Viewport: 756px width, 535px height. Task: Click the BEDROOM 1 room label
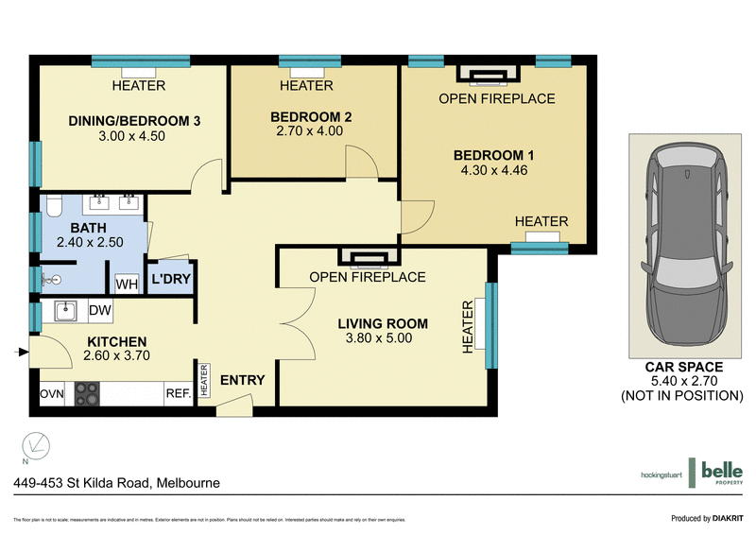click(x=494, y=155)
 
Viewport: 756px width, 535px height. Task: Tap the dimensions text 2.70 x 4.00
click(x=310, y=131)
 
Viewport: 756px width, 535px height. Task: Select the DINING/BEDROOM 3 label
click(x=134, y=120)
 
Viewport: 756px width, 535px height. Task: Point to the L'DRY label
click(x=173, y=281)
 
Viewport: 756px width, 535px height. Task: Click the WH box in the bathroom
click(x=126, y=284)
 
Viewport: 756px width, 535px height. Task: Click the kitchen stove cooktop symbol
click(x=87, y=392)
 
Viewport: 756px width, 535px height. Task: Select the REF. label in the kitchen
click(x=179, y=393)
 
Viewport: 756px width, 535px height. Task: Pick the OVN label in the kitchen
click(x=51, y=393)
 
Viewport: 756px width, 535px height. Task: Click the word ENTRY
click(x=242, y=380)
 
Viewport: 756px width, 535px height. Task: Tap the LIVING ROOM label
click(x=383, y=323)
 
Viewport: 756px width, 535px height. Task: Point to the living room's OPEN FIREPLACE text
click(x=368, y=277)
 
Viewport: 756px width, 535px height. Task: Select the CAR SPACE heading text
click(x=683, y=367)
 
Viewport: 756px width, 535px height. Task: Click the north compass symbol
click(x=35, y=443)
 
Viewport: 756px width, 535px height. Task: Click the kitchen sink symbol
click(x=63, y=311)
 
